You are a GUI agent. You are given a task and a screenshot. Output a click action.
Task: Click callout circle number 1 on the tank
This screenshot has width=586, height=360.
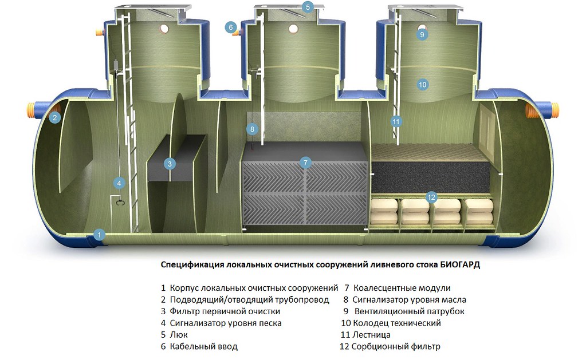tap(99, 235)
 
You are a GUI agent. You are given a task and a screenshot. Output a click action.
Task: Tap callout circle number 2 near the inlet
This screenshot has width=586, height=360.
tap(54, 118)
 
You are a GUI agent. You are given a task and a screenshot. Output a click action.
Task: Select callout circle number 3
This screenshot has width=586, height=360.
tap(170, 164)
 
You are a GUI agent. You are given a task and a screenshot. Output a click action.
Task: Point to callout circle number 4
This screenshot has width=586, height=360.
tap(119, 183)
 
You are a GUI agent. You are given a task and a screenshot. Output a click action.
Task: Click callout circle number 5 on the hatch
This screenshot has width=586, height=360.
tap(308, 7)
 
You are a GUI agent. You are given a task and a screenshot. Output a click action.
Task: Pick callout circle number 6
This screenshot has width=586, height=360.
tap(231, 27)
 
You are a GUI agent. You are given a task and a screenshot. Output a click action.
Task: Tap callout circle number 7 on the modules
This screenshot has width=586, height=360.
tap(305, 163)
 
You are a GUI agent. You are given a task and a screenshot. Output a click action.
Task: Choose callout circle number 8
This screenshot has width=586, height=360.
tap(252, 129)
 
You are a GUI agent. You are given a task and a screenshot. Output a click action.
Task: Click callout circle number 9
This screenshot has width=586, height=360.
tap(422, 34)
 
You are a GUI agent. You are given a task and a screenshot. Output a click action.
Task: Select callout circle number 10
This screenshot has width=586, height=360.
tap(422, 84)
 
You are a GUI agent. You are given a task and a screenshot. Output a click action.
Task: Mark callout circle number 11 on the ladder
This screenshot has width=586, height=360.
tap(396, 121)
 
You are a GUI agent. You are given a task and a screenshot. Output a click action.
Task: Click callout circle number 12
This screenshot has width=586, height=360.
tap(431, 197)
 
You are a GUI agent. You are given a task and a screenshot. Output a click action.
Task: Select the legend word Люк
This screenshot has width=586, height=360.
tap(179, 335)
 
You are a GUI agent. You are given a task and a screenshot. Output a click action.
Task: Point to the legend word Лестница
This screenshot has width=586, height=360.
tap(372, 335)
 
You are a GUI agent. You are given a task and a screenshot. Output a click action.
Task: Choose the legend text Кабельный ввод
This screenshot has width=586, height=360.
tap(204, 347)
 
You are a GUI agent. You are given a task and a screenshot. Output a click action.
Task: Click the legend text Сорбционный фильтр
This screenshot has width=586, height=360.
tap(396, 347)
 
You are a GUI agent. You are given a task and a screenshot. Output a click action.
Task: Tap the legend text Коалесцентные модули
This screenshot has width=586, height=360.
tap(402, 288)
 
